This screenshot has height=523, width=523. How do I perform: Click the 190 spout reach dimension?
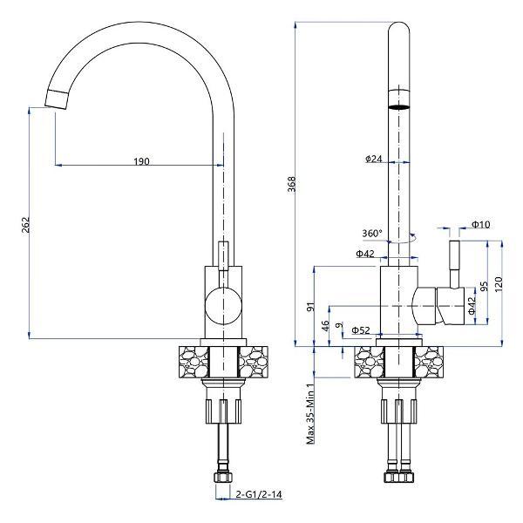142,161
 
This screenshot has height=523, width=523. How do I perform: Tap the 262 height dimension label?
25,225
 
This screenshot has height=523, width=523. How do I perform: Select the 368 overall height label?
291,184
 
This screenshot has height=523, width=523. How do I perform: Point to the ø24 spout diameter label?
374,159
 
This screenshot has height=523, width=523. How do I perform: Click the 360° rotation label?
372,233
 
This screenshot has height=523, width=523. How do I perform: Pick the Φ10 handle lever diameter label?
480,225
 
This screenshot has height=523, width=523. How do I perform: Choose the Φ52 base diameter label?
361,330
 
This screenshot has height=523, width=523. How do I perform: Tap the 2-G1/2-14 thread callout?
259,494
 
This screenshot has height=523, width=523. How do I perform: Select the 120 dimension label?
498,284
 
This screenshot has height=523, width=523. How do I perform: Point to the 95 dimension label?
484,286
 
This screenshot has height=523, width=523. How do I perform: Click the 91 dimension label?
310,307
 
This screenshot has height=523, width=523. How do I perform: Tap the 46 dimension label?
325,324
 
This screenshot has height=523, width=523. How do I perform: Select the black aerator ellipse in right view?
399,107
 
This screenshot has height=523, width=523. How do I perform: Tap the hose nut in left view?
222,478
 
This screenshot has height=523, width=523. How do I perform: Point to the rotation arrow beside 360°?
403,238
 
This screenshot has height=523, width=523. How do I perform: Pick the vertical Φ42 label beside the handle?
471,306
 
